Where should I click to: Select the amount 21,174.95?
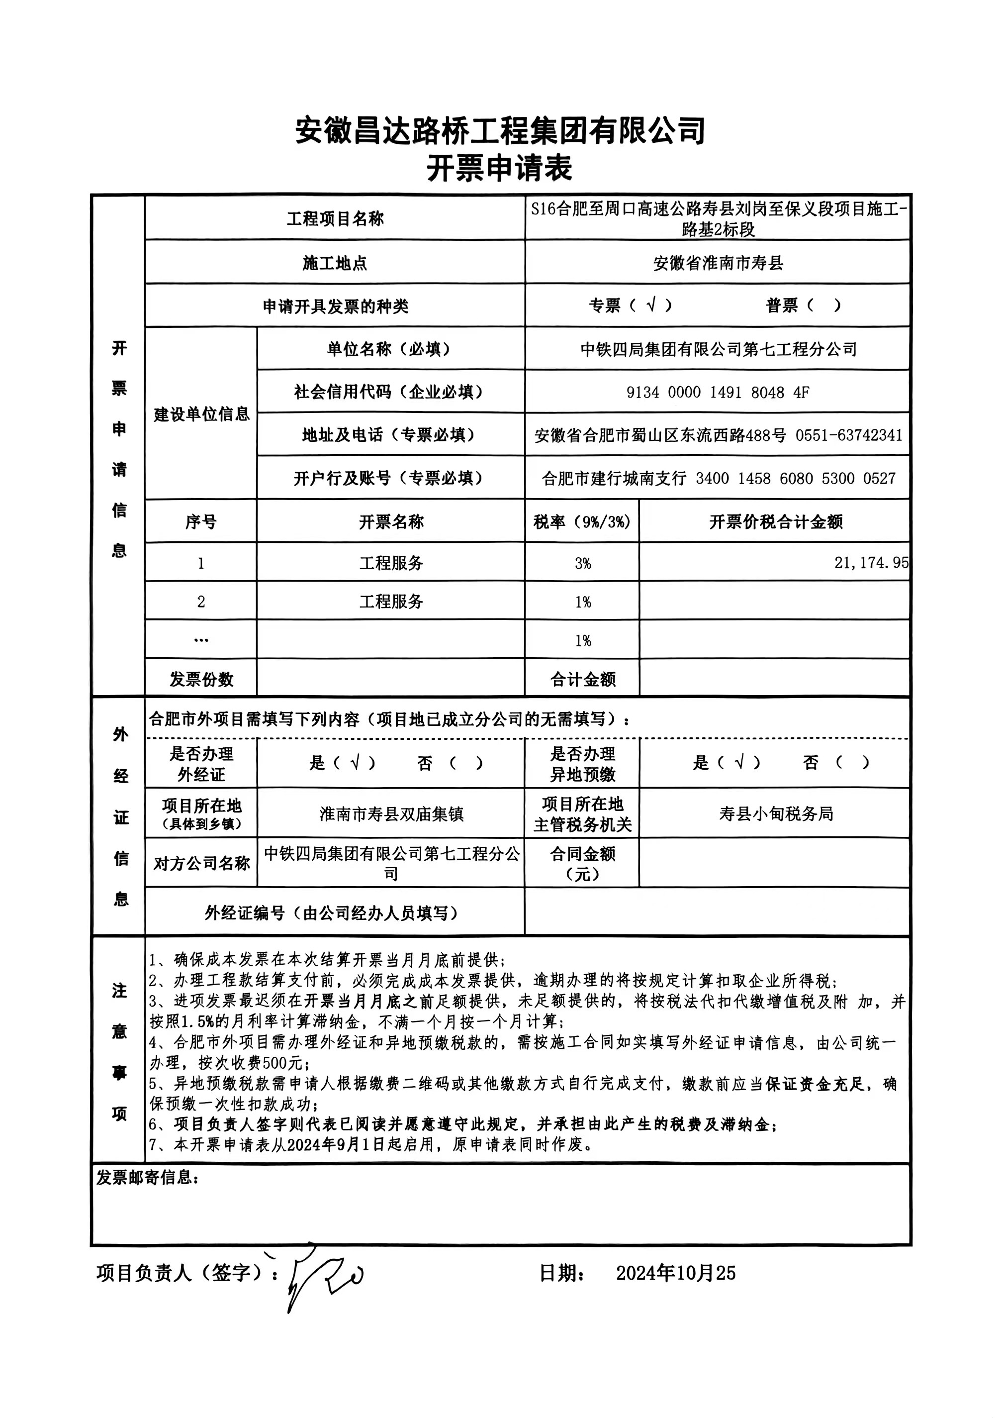click(x=871, y=563)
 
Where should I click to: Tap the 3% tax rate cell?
click(x=582, y=563)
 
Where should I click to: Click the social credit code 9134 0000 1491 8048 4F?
click(x=718, y=392)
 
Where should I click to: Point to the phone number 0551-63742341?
click(x=849, y=435)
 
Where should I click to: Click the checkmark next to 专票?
click(x=650, y=304)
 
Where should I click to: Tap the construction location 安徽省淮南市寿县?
click(x=718, y=263)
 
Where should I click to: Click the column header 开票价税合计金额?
click(x=775, y=522)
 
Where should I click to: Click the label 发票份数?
click(x=201, y=679)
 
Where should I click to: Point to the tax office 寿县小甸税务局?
click(x=775, y=813)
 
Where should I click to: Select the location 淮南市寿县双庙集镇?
click(x=391, y=814)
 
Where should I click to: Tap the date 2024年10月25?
click(x=675, y=1273)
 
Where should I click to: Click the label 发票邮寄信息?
click(x=147, y=1178)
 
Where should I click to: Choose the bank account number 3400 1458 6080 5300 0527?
click(x=795, y=479)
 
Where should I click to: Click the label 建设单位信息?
click(x=201, y=414)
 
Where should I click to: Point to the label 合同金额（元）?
click(x=582, y=863)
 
